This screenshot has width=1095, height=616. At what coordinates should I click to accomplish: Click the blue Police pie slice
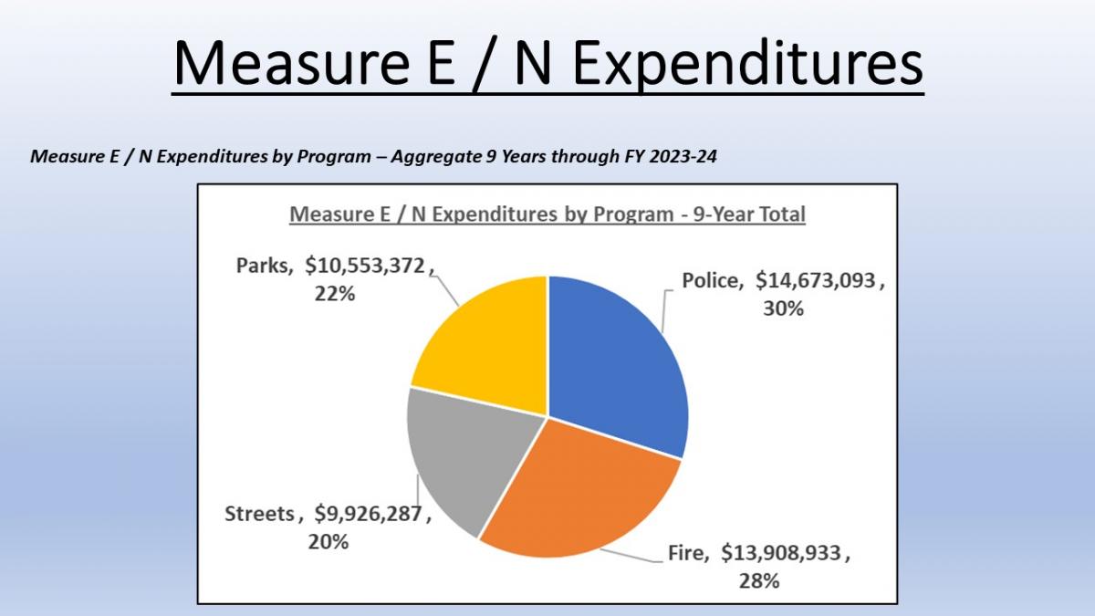pos(616,356)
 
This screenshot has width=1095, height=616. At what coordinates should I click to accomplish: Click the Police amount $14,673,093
pos(816,281)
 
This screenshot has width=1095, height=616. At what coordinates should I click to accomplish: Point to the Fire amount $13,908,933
pos(786,552)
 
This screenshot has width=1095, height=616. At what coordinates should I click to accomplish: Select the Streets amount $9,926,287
pos(369,514)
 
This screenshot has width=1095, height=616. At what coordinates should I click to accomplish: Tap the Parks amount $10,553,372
pos(365,266)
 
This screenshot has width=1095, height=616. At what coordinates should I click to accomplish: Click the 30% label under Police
pos(783,308)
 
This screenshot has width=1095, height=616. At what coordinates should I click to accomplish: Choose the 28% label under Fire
pos(758,579)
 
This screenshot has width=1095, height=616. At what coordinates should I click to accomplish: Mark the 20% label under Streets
pos(328,541)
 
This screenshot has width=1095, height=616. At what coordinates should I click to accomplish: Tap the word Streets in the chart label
pos(260,514)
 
